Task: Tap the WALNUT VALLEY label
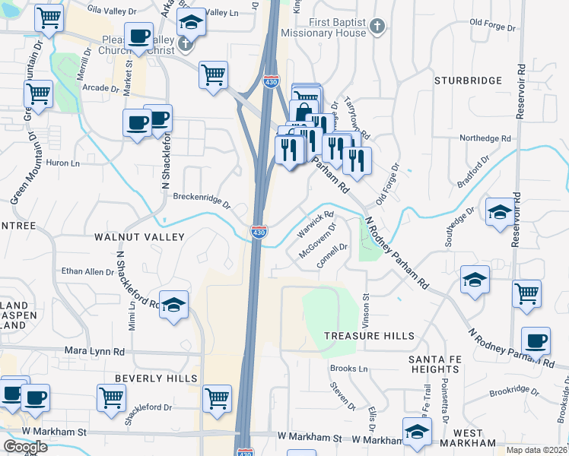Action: (x=139, y=237)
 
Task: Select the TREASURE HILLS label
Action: (x=369, y=336)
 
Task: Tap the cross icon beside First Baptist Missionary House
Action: (x=376, y=28)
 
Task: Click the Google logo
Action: (x=25, y=447)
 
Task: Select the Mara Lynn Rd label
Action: (x=94, y=352)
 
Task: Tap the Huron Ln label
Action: (x=64, y=163)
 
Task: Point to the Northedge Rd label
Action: (x=485, y=138)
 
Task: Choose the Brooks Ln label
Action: (x=348, y=369)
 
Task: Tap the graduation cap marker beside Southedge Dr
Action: (x=499, y=214)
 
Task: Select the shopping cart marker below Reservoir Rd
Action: (x=526, y=293)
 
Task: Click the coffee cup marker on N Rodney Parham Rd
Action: (x=536, y=341)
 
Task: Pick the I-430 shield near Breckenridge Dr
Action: (x=259, y=231)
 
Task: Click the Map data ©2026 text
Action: (x=537, y=450)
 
